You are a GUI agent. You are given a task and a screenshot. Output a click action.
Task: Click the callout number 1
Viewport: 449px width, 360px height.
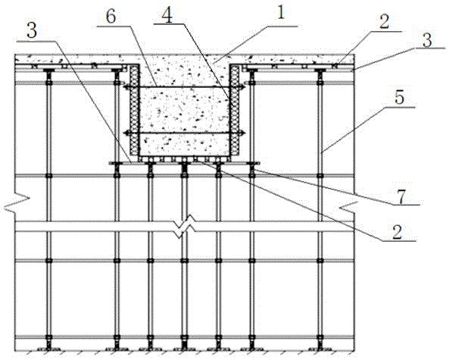coord(282,13)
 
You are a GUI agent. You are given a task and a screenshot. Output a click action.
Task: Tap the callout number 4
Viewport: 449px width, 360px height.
coord(167,16)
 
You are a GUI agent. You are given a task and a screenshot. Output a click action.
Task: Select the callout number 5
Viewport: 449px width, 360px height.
coord(400,98)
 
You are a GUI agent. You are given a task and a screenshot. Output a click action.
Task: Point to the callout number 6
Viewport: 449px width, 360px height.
coord(111,17)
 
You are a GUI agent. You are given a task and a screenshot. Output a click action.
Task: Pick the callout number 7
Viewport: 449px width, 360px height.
coord(401,197)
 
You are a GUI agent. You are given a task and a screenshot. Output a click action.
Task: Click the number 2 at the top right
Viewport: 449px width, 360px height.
coord(385,22)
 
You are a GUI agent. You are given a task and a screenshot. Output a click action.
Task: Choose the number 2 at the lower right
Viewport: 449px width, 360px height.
coord(397,232)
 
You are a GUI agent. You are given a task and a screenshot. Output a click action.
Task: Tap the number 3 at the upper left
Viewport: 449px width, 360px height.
coord(32,30)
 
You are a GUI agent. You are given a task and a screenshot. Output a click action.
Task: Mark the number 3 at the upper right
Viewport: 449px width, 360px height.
coord(427,40)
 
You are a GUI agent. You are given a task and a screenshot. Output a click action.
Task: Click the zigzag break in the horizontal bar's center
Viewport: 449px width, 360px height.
coord(186,227)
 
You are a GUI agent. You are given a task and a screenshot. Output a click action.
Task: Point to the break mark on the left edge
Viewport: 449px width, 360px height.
coord(17,203)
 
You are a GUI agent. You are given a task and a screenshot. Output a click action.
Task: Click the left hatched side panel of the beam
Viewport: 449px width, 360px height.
coord(133,111)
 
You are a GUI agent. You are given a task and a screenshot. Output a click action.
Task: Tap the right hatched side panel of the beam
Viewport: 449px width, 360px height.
coord(235,111)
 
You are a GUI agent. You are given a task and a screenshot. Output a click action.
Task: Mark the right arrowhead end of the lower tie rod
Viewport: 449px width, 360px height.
coord(243,133)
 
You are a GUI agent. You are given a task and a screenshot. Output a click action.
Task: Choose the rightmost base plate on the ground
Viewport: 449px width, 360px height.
coord(320,349)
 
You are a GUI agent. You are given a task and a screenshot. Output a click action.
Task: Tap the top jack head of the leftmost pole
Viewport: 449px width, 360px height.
coord(49,70)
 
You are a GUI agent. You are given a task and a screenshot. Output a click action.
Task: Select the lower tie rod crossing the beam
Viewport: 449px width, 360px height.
coord(184,133)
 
